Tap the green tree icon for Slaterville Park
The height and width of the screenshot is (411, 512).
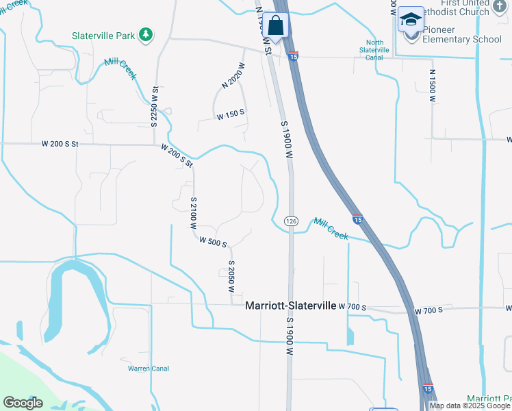coord(145,34)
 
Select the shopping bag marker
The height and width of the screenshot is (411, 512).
coord(275,26)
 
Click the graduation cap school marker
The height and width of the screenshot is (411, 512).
coord(411,20)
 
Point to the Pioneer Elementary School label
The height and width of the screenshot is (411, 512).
coord(462,39)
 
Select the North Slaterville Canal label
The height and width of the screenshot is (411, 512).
coord(374,50)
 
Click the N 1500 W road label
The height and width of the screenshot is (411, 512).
coord(433,86)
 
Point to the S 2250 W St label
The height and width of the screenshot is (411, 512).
coord(155,104)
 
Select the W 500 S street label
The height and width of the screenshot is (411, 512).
coord(213,241)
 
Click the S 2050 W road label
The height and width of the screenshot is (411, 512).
coord(231,277)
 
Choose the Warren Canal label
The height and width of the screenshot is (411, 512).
coord(149,369)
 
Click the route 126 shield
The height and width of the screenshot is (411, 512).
coord(291,220)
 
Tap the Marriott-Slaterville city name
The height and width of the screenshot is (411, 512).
coord(290,307)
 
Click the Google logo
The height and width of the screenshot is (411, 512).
coord(23,403)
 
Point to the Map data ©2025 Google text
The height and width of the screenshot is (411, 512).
coord(470,406)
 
